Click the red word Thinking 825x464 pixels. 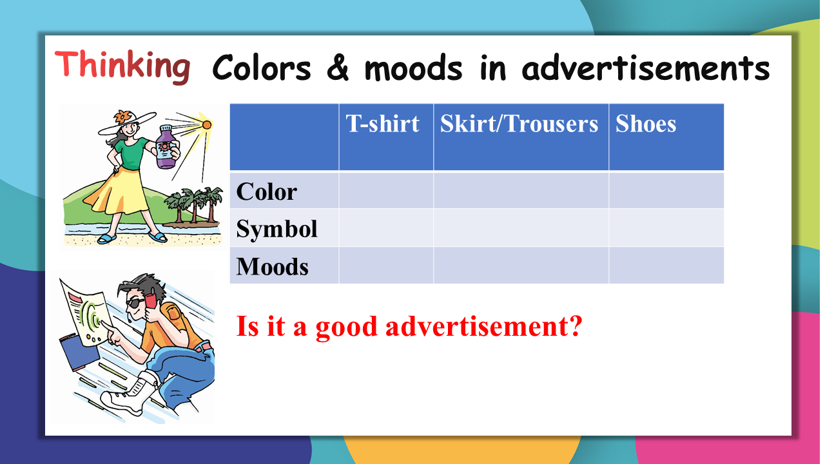click(x=122, y=66)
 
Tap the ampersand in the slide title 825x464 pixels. click(x=338, y=68)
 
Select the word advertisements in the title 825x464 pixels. click(x=646, y=68)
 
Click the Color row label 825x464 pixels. click(x=267, y=192)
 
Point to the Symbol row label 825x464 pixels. click(x=277, y=229)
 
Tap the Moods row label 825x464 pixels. click(x=272, y=266)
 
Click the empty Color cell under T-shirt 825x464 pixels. click(x=386, y=190)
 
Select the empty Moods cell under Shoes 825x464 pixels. click(x=666, y=265)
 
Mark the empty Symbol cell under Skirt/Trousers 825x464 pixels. click(x=521, y=227)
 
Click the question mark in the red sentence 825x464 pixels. click(x=574, y=325)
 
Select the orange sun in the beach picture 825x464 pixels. click(x=207, y=125)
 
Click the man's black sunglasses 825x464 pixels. click(x=135, y=303)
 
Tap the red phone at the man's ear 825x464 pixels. click(x=150, y=298)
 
